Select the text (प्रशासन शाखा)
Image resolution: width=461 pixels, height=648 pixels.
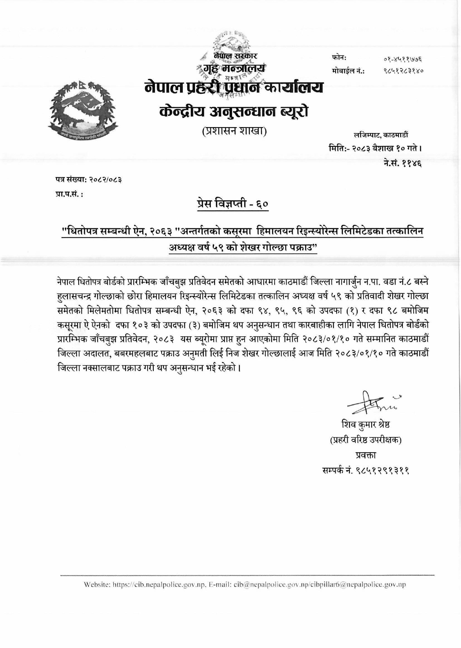(234, 131)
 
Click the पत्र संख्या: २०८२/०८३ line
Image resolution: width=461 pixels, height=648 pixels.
(89, 180)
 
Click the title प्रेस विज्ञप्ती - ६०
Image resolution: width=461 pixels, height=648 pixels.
(233, 204)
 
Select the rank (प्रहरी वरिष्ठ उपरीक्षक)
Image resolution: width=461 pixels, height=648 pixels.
(366, 440)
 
